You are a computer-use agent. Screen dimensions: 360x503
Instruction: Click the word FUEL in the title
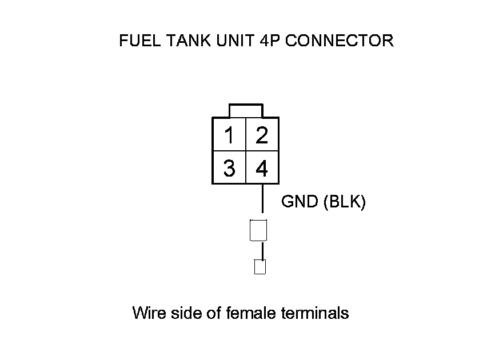point(135,41)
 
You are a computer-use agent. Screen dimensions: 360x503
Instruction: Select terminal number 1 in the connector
point(229,135)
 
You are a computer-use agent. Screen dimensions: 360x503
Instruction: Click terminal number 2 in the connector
point(262,135)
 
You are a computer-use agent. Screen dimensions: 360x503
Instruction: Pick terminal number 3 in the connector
point(229,169)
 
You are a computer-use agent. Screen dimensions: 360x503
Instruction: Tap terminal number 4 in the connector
point(262,169)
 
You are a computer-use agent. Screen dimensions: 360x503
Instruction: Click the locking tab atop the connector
point(246,110)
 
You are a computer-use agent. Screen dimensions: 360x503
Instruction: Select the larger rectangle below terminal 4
point(259,230)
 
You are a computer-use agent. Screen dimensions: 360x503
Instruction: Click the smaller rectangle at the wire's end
point(260,267)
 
